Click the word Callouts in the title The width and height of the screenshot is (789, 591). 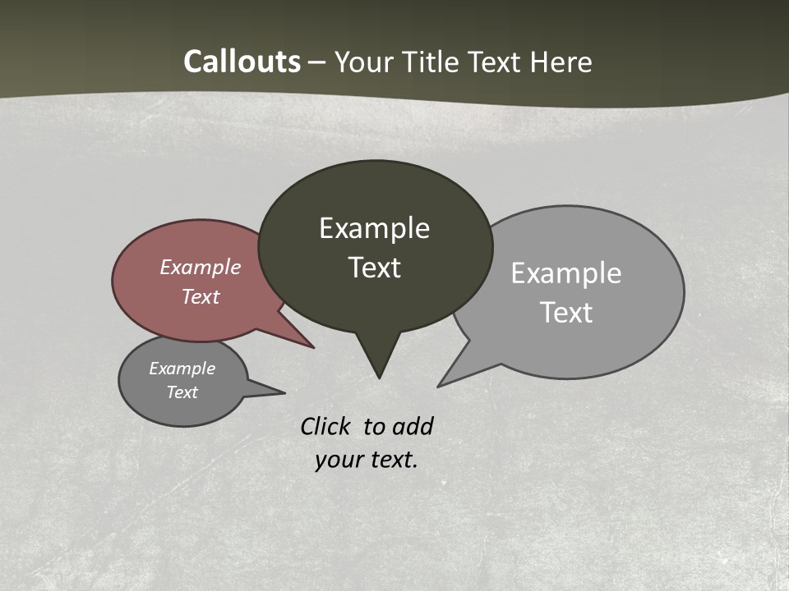pos(242,62)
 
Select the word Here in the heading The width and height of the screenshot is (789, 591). pos(561,62)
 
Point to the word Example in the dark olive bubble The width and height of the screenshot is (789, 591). pos(374,228)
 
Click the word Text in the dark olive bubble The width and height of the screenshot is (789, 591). pos(374,268)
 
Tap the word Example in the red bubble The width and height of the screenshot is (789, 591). pos(201,267)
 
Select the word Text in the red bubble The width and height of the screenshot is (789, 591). pos(201,296)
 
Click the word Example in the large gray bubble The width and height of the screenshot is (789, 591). pos(566,273)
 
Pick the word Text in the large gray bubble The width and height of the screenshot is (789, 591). pos(566,313)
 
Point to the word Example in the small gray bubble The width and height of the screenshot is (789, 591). pos(182,369)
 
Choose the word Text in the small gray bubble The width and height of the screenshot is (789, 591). pos(182,392)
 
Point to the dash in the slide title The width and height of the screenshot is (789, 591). pos(317,62)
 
